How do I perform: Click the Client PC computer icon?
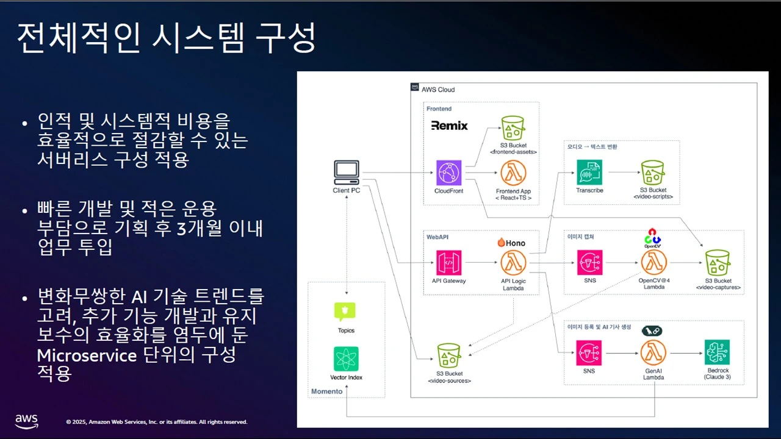click(x=346, y=173)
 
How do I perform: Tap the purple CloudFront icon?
click(x=448, y=173)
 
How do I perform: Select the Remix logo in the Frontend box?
click(x=449, y=126)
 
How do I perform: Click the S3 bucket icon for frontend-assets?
click(x=513, y=128)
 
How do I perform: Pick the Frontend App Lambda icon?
click(x=513, y=173)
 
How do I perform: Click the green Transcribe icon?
click(x=589, y=172)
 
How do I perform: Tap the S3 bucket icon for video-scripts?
click(x=653, y=173)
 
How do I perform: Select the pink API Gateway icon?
click(x=448, y=263)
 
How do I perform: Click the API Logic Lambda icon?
click(x=513, y=263)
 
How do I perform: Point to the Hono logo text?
click(x=511, y=243)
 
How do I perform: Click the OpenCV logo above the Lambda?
click(x=652, y=238)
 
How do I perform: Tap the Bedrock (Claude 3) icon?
click(x=717, y=352)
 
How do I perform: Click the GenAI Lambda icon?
click(x=653, y=352)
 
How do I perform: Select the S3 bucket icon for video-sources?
click(x=449, y=355)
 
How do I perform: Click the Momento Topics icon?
click(x=345, y=312)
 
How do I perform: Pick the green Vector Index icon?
click(x=346, y=359)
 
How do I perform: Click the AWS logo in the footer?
click(x=26, y=421)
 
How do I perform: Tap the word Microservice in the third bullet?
click(x=87, y=355)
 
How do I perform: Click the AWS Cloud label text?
click(x=438, y=90)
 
